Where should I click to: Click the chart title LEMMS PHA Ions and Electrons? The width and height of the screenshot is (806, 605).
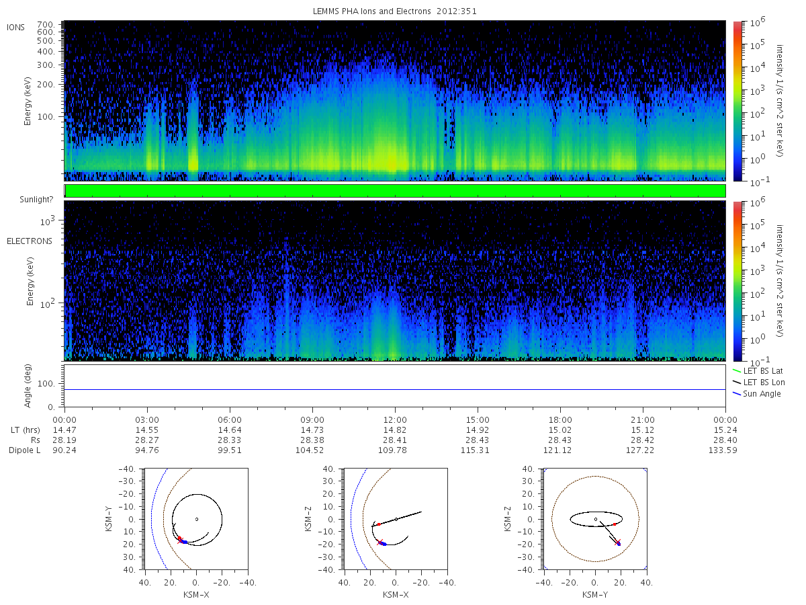pyautogui.click(x=371, y=11)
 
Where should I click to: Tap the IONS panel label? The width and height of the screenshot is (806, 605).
pyautogui.click(x=16, y=28)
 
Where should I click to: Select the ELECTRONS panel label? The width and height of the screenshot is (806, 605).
pyautogui.click(x=30, y=241)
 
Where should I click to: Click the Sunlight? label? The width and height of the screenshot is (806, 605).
pyautogui.click(x=36, y=200)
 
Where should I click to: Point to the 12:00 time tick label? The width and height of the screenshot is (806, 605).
pyautogui.click(x=395, y=420)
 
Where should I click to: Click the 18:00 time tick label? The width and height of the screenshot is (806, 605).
pyautogui.click(x=560, y=420)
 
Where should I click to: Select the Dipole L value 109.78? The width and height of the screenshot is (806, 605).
pyautogui.click(x=392, y=450)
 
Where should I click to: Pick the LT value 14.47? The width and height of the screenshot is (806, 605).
pyautogui.click(x=64, y=430)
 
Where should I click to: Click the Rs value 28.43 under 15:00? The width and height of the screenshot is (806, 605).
pyautogui.click(x=478, y=440)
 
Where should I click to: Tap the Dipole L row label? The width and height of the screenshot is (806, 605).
pyautogui.click(x=25, y=450)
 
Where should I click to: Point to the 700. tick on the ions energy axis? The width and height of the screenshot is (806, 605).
pyautogui.click(x=46, y=24)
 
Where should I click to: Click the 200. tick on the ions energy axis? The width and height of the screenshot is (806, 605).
pyautogui.click(x=46, y=85)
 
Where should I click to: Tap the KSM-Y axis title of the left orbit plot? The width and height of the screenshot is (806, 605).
pyautogui.click(x=109, y=519)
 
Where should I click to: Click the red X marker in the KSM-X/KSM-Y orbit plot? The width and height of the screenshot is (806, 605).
pyautogui.click(x=180, y=540)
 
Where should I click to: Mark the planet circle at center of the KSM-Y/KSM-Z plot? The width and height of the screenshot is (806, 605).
pyautogui.click(x=596, y=520)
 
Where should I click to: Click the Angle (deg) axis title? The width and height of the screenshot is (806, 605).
pyautogui.click(x=28, y=386)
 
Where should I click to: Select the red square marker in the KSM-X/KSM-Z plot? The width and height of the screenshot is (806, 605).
pyautogui.click(x=379, y=524)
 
